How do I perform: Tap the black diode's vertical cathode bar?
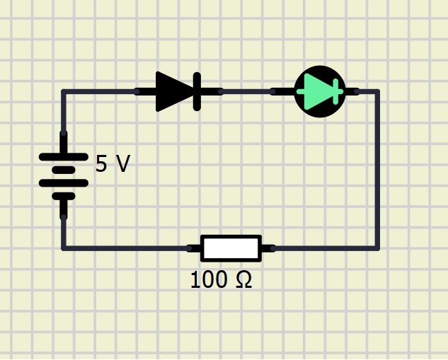tap(197, 92)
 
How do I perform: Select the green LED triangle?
tap(316, 92)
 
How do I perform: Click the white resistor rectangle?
tap(231, 248)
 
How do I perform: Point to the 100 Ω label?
tap(221, 280)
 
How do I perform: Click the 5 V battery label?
tap(113, 163)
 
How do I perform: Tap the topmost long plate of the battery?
tap(64, 157)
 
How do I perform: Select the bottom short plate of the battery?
tap(64, 196)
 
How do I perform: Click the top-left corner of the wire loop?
tap(64, 92)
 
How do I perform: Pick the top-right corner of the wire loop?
tap(377, 92)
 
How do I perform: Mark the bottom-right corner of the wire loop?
tap(377, 248)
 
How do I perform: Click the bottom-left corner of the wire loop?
tap(64, 248)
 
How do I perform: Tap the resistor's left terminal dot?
tap(189, 248)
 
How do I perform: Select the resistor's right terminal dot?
tap(273, 248)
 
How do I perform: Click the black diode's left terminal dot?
tap(137, 92)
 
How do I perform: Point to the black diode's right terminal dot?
tap(221, 92)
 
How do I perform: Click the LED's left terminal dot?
tap(272, 92)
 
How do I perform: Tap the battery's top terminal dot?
tap(64, 134)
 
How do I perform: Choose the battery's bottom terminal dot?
tap(64, 217)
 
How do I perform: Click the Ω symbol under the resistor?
tap(244, 279)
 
